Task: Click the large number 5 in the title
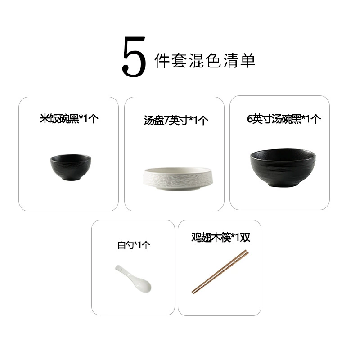134,57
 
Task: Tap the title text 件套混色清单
205,61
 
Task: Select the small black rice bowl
71,167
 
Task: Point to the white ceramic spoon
133,279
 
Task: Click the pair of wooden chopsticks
220,272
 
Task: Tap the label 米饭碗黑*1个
69,119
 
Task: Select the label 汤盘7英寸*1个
176,120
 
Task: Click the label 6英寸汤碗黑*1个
284,119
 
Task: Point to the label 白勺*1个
134,245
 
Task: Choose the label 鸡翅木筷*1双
220,238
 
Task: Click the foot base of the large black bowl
283,185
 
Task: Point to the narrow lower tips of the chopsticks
193,292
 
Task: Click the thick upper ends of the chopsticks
247,252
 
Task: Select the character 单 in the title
248,61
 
